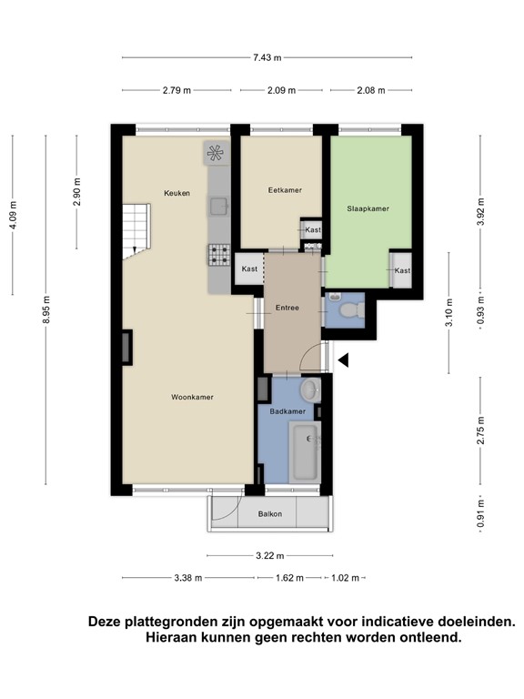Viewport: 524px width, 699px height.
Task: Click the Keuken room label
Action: [176, 193]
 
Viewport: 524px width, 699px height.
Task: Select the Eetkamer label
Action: [285, 190]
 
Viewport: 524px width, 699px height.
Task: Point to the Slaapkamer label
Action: [368, 208]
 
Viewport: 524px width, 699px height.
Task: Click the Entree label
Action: [287, 309]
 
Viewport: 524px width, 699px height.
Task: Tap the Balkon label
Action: [269, 514]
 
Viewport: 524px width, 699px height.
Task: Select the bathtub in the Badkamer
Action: [304, 452]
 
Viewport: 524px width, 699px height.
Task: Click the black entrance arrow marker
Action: [343, 361]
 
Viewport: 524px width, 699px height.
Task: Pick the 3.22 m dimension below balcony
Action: [269, 556]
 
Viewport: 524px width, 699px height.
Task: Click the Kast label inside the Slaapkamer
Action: [402, 270]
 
